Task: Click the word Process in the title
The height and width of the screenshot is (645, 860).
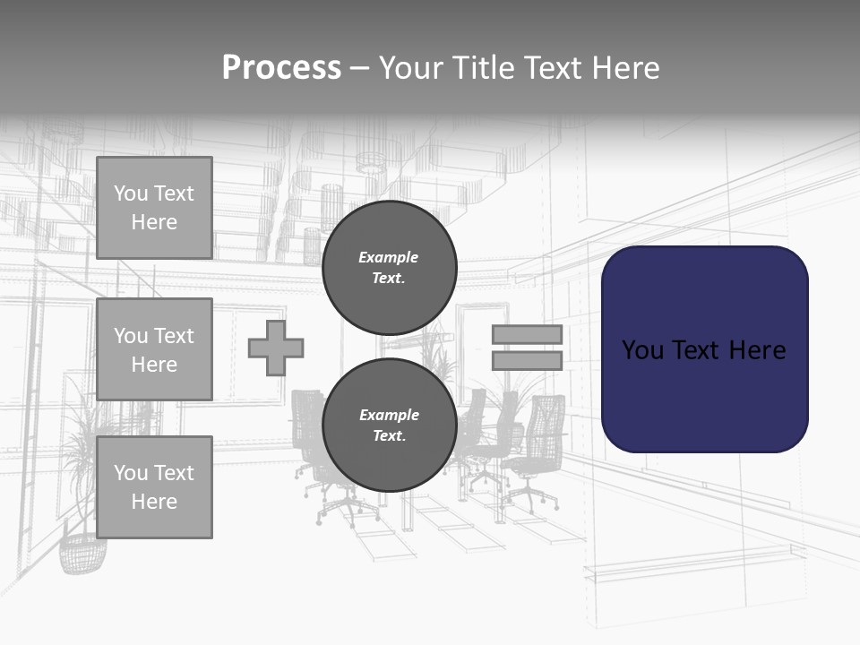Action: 281,68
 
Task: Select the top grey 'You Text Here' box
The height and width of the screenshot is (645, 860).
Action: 154,208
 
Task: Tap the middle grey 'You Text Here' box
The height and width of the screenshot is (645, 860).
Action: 154,349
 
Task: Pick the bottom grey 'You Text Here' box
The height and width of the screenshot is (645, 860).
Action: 154,487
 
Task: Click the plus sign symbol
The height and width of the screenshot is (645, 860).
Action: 276,348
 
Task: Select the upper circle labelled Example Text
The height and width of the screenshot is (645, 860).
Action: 389,268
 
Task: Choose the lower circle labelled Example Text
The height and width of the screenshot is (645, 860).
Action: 389,426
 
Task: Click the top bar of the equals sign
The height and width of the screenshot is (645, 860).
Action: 527,335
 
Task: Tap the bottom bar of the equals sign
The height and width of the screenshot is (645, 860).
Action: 527,361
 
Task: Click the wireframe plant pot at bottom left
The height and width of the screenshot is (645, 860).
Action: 82,552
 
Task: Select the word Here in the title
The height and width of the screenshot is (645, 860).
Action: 624,68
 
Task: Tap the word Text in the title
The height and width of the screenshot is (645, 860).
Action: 551,68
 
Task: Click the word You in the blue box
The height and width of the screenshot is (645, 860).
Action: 643,350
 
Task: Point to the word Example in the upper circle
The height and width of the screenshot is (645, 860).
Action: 389,258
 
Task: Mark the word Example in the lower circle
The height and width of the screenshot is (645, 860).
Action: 389,416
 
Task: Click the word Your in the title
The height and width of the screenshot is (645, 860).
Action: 411,68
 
